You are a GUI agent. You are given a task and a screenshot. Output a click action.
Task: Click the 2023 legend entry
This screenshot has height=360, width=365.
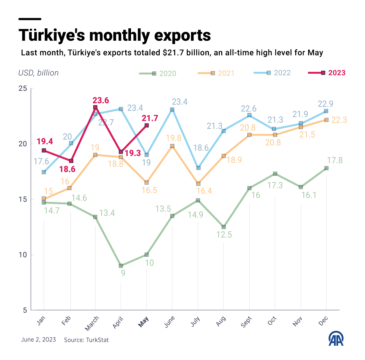(x=327, y=73)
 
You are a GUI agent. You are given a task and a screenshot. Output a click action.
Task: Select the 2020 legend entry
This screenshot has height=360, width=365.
(x=158, y=73)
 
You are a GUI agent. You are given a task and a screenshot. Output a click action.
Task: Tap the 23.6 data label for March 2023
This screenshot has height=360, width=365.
(x=100, y=100)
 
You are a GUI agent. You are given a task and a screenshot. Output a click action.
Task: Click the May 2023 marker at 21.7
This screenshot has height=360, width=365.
(x=147, y=125)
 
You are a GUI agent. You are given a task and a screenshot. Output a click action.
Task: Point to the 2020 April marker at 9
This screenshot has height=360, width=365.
(x=121, y=266)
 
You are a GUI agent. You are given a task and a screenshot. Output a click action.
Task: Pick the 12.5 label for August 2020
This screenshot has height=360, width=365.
(x=224, y=235)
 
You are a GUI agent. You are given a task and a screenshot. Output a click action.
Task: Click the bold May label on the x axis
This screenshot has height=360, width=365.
(x=143, y=322)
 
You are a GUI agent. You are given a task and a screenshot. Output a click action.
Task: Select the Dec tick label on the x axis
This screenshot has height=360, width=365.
(x=323, y=321)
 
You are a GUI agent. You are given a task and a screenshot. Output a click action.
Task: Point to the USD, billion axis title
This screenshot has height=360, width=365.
(x=38, y=73)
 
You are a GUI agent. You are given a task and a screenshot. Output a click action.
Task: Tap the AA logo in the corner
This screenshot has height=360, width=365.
(x=336, y=339)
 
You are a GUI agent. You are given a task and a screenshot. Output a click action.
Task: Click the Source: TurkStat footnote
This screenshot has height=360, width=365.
(x=86, y=340)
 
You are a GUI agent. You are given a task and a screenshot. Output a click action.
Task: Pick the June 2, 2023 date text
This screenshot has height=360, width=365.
(x=38, y=339)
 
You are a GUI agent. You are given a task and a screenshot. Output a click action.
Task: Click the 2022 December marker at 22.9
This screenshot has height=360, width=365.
(x=326, y=111)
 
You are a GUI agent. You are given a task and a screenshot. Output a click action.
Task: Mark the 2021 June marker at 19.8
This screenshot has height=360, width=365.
(x=172, y=146)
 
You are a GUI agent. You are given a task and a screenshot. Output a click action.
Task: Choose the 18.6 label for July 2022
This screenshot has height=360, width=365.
(x=201, y=148)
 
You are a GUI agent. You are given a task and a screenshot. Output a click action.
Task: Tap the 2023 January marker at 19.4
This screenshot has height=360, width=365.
(x=44, y=150)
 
